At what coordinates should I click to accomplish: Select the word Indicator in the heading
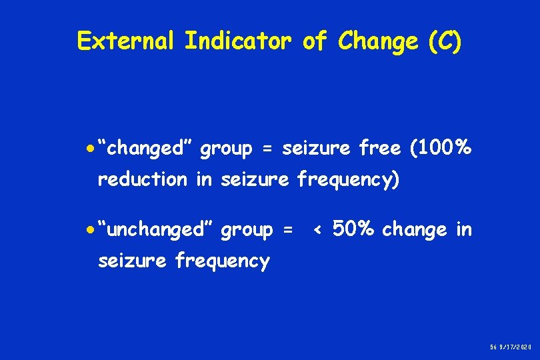point(238,41)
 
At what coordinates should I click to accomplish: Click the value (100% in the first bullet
point(441,148)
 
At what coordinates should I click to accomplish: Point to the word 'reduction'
point(142,179)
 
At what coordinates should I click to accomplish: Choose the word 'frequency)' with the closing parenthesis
point(348,180)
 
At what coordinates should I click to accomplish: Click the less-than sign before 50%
point(318,231)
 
